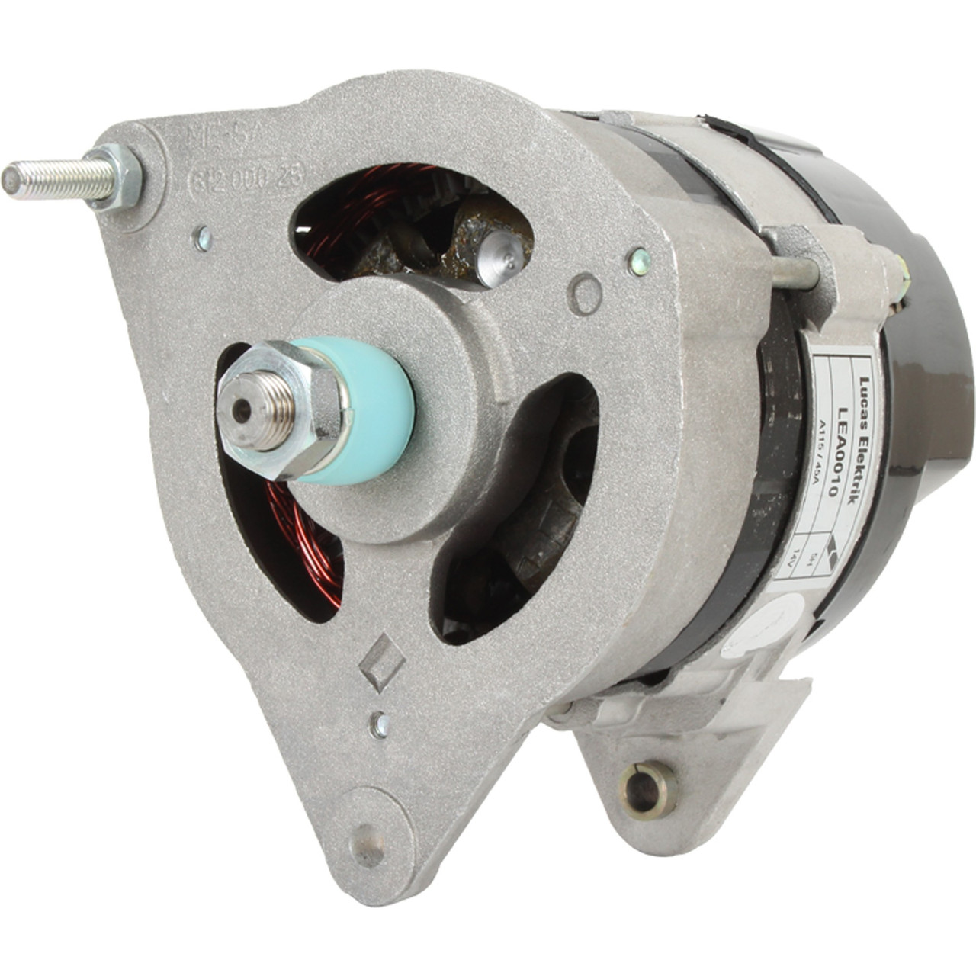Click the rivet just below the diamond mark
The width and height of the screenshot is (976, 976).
click(379, 725)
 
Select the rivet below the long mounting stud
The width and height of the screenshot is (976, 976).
click(202, 239)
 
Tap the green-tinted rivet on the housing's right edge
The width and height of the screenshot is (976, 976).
click(639, 262)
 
